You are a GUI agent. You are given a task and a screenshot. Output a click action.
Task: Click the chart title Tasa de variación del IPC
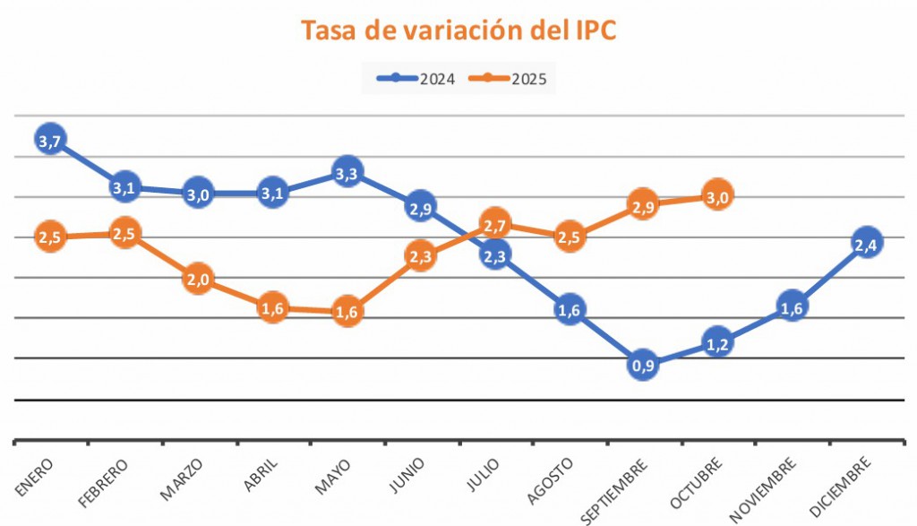[x=458, y=30]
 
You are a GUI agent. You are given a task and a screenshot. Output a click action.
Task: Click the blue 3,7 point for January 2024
[x=50, y=139]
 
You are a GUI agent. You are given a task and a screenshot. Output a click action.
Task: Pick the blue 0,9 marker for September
[x=643, y=365]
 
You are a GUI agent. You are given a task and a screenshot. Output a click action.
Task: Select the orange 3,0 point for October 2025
[x=716, y=194]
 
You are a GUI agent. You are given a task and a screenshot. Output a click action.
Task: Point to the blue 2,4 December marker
[x=866, y=243]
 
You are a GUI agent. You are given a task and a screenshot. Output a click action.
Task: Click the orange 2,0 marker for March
[x=198, y=280]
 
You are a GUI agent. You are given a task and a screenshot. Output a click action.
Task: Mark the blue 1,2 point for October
[x=717, y=341]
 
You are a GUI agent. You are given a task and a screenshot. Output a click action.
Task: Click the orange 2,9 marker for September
[x=643, y=204]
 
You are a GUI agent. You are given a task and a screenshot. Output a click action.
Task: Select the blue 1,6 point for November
[x=792, y=306]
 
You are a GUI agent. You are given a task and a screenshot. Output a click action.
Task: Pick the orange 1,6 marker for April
[x=272, y=309]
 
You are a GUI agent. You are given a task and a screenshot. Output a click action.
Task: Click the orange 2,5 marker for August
[x=570, y=237]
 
